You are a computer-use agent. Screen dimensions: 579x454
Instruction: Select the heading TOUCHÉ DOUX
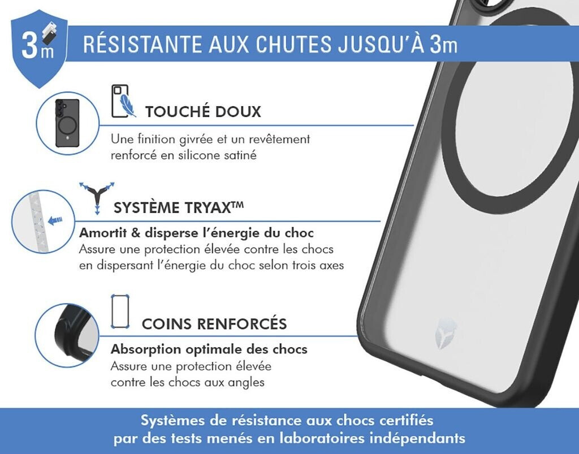(203, 111)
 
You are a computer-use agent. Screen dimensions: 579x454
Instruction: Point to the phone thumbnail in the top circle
(67, 123)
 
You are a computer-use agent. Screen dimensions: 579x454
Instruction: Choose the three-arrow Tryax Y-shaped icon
(97, 197)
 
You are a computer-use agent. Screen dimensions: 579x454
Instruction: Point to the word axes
(331, 265)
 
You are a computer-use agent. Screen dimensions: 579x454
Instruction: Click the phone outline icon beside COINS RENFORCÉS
(120, 312)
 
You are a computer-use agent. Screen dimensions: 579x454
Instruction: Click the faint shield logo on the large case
(446, 334)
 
